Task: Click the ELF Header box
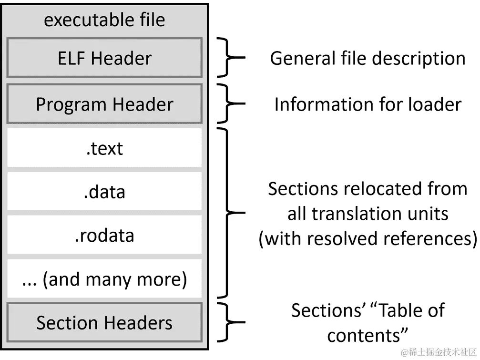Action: [104, 58]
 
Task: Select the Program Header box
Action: [104, 104]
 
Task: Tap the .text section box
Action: [104, 148]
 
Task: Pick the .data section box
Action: [104, 192]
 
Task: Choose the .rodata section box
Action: [104, 236]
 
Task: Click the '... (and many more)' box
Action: [104, 279]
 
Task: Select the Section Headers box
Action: [104, 323]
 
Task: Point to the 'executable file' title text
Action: [104, 20]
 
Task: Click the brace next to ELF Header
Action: [229, 58]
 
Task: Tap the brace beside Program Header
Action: [229, 104]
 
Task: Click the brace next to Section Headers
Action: [229, 323]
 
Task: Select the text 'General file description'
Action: [368, 58]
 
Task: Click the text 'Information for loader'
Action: [368, 104]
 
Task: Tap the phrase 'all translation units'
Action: [368, 214]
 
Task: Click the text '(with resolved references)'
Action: [368, 238]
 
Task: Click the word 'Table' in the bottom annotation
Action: [403, 310]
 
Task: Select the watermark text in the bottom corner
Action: [439, 352]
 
